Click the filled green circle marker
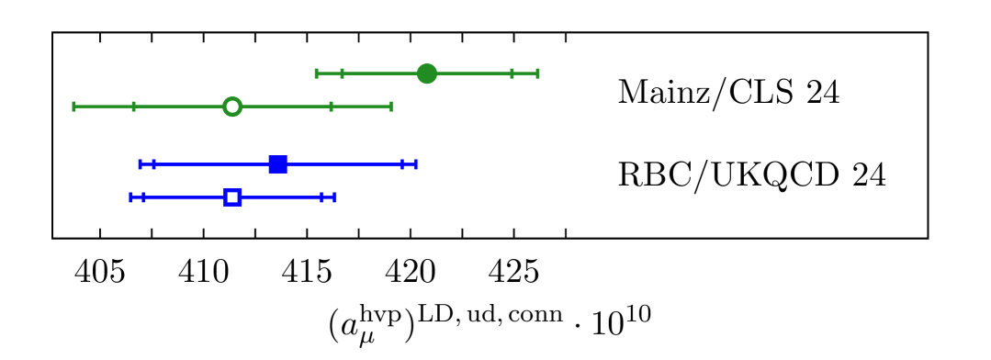(427, 73)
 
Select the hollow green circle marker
(232, 107)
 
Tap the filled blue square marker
(278, 164)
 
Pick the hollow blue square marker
(232, 197)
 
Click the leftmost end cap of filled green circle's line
(316, 73)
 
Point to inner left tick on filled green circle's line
(342, 73)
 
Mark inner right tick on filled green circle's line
(512, 73)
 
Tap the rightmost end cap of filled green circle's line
(537, 73)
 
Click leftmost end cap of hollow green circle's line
(74, 107)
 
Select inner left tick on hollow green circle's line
(133, 107)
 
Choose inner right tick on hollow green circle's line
(331, 107)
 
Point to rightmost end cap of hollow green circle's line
(391, 107)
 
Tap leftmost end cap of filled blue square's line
(140, 164)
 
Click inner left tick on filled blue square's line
(153, 164)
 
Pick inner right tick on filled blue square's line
(402, 164)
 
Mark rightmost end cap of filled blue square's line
(416, 164)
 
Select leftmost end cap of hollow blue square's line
(131, 197)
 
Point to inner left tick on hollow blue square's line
(144, 197)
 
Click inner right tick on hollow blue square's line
(321, 197)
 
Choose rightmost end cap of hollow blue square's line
(335, 197)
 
